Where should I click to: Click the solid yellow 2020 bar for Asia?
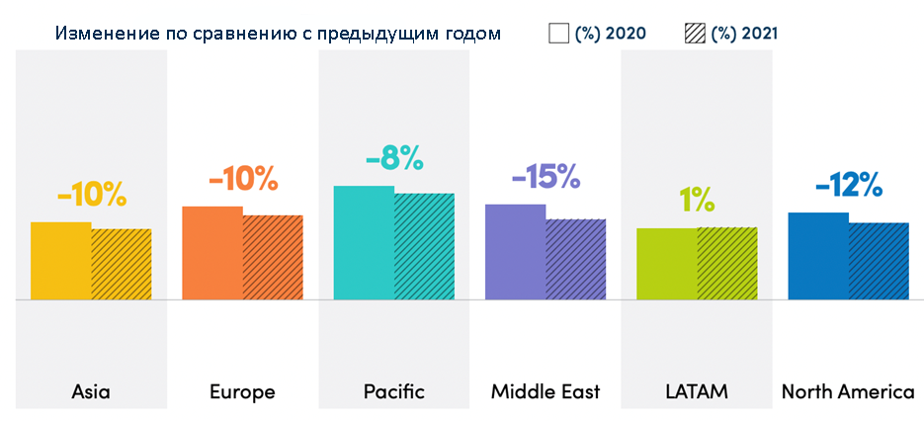[60, 260]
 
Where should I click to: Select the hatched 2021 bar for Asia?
[122, 264]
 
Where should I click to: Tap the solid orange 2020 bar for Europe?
[212, 252]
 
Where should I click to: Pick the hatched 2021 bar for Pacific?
[424, 246]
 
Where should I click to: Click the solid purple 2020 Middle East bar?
[515, 251]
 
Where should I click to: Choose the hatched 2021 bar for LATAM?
[726, 263]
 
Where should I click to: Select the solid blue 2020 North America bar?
[818, 255]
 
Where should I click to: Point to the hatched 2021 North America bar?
[879, 260]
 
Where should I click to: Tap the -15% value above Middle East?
[546, 178]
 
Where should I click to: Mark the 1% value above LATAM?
[697, 200]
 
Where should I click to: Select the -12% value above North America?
[848, 185]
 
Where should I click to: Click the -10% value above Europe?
[243, 180]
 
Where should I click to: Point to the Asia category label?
[91, 391]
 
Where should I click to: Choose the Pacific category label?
[393, 391]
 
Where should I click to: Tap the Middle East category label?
[546, 391]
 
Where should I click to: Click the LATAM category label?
[697, 391]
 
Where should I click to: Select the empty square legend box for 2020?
[558, 34]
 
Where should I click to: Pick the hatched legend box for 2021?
[695, 34]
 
